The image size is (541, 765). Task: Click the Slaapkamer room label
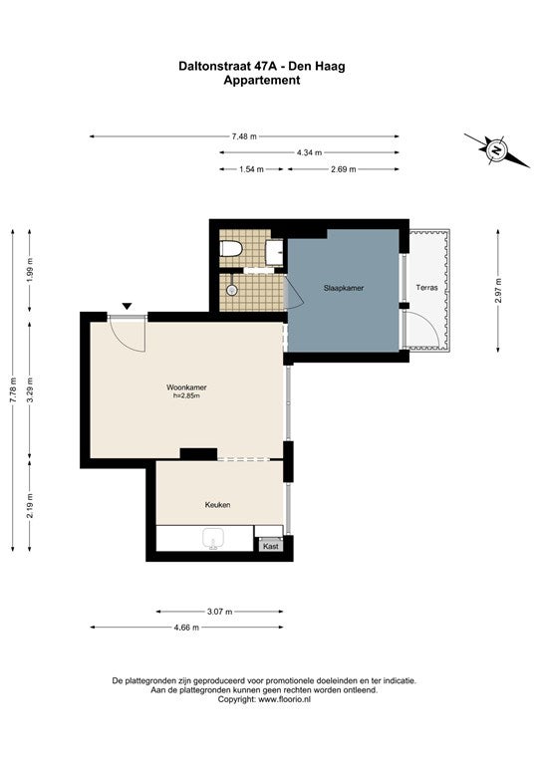click(x=344, y=288)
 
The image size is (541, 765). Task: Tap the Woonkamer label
click(x=186, y=387)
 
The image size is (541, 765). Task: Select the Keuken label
click(x=217, y=504)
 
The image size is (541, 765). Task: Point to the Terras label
click(x=426, y=287)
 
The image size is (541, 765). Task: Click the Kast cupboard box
click(x=271, y=546)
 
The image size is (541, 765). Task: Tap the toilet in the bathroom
click(x=231, y=249)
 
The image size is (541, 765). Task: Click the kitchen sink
click(x=213, y=539)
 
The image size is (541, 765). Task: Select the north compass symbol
click(x=496, y=150)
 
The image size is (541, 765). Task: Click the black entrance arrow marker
click(x=127, y=307)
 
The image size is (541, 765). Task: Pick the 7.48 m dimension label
click(x=244, y=136)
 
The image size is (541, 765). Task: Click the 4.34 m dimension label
click(x=309, y=152)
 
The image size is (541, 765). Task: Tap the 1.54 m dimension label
click(x=251, y=169)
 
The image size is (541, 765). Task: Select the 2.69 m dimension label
click(x=344, y=169)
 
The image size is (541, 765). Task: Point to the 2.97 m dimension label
click(x=498, y=290)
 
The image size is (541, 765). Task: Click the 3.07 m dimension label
click(x=219, y=612)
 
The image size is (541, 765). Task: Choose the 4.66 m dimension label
click(x=186, y=628)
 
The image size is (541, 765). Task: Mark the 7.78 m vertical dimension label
click(x=13, y=389)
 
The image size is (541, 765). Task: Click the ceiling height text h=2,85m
click(x=186, y=395)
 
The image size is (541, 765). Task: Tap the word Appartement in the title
click(x=262, y=81)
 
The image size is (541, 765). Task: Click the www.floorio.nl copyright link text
click(x=284, y=699)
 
